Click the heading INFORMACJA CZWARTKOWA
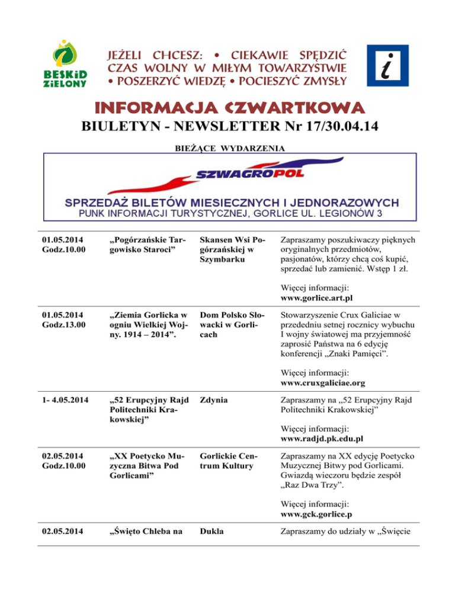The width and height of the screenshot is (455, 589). pyautogui.click(x=227, y=108)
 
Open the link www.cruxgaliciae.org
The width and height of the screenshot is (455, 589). pyautogui.click(x=322, y=383)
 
